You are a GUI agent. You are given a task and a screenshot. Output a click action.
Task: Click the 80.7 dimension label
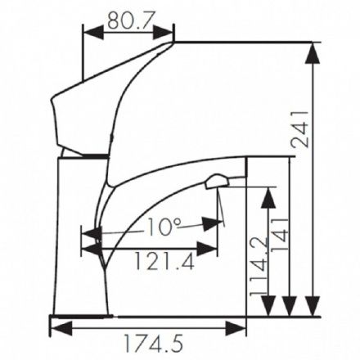tap(129, 20)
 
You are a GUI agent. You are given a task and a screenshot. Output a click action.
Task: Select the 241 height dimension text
tap(299, 129)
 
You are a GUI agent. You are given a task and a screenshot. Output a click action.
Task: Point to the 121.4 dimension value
tap(165, 261)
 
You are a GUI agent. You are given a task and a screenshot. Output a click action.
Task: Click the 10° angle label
tap(163, 227)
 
